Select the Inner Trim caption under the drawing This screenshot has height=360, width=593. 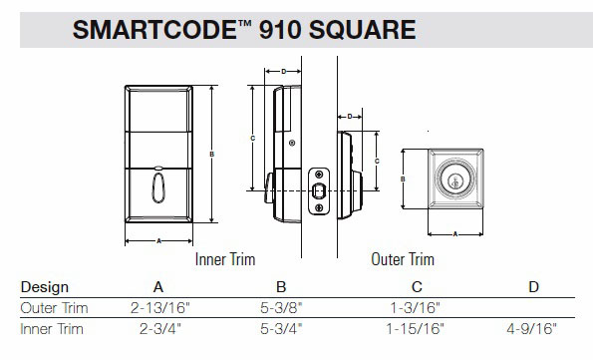click(225, 259)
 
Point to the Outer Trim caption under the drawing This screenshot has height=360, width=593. click(402, 259)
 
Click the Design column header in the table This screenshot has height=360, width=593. click(45, 287)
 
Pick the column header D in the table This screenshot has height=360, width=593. click(533, 287)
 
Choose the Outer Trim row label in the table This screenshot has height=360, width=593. click(55, 308)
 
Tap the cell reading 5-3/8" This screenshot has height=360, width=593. click(281, 308)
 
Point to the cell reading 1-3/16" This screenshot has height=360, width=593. click(411, 308)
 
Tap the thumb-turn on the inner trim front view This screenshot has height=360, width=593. click(160, 186)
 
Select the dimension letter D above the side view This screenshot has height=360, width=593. click(284, 71)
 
